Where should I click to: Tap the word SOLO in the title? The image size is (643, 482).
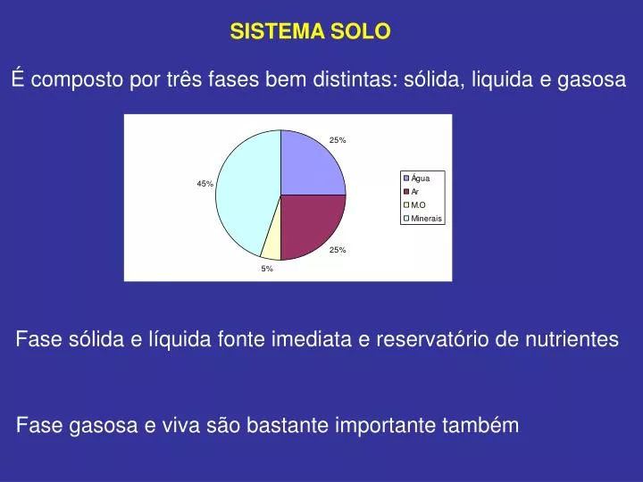pos(361,31)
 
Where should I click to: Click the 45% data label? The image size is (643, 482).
pos(205,184)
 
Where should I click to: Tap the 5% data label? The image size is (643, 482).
pos(267,269)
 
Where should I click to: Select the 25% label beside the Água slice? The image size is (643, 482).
pos(338,140)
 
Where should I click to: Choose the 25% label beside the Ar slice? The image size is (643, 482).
pos(338,250)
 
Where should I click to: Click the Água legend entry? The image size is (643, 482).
pos(417,178)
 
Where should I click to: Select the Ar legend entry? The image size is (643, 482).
pos(412,191)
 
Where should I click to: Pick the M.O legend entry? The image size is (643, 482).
pos(414,205)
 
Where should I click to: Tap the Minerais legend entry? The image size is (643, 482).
pos(422,219)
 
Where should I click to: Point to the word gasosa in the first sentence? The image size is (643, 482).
pos(591,79)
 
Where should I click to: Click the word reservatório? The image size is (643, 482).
pos(432,339)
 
